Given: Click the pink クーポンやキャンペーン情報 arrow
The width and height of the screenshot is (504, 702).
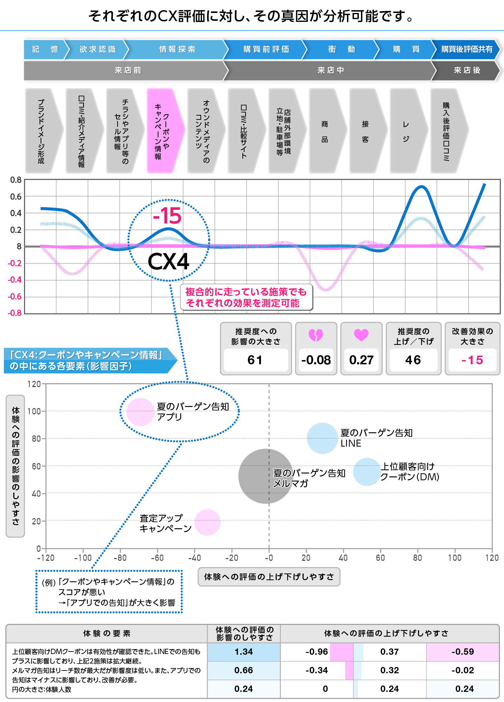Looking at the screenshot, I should [x=164, y=131].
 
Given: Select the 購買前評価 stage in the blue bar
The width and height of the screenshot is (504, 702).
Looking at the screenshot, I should [x=266, y=49].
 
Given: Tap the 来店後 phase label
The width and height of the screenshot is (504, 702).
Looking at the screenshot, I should [x=467, y=70].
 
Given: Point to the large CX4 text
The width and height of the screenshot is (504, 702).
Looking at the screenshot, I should [x=168, y=262].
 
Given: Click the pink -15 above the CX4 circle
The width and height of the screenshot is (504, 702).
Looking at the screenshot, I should [x=168, y=216].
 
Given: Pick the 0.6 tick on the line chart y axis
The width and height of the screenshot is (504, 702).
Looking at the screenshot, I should [x=16, y=197].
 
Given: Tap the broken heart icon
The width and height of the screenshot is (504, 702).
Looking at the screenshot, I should [x=315, y=335].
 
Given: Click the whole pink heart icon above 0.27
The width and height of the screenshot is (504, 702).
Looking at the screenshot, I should [x=361, y=335].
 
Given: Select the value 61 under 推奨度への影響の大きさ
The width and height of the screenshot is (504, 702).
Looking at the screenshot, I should [x=255, y=360].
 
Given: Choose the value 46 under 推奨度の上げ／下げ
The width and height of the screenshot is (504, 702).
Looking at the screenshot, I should [x=413, y=360].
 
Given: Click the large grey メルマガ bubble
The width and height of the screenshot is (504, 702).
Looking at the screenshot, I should [x=265, y=476].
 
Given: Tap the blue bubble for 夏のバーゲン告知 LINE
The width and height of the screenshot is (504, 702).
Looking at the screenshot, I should [x=322, y=438].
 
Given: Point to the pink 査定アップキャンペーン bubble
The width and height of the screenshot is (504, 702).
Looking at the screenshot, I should [x=207, y=522].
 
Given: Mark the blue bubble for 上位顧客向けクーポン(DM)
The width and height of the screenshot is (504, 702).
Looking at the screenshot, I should [x=367, y=472].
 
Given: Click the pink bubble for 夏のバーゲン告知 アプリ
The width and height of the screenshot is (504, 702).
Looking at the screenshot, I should [x=140, y=412].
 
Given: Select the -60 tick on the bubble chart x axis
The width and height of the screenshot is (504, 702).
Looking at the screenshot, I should [x=157, y=558].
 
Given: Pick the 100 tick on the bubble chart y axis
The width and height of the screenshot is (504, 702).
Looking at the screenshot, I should [x=34, y=411].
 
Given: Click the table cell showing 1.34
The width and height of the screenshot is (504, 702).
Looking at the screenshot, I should [x=243, y=652].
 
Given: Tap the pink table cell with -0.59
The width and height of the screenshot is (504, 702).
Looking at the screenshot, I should [x=462, y=652].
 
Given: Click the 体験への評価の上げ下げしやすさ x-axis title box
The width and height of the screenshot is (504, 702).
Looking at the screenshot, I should [x=269, y=577].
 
